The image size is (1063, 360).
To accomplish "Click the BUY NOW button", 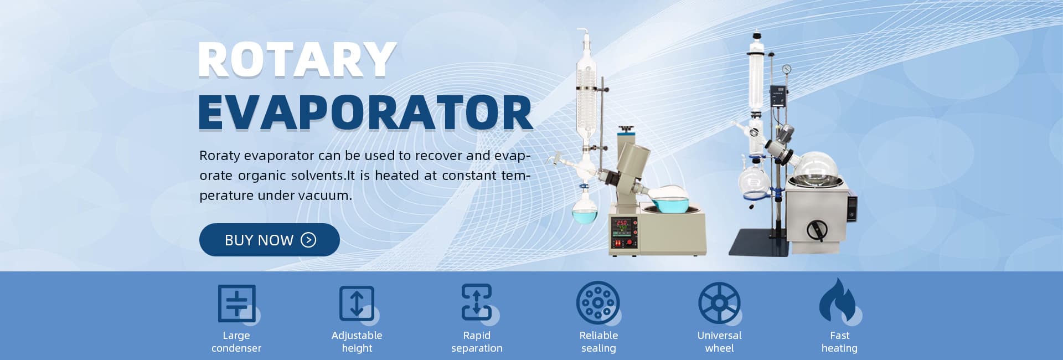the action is point(269,240).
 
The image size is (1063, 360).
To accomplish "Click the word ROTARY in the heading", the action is point(297,60).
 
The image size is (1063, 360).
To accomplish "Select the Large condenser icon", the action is point(238,304).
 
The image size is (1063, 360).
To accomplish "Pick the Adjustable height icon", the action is point(358,304).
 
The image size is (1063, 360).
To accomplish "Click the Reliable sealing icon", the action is point(598,303).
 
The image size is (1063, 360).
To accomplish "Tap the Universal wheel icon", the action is point(719,303).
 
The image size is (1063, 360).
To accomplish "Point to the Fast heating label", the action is point(839,342).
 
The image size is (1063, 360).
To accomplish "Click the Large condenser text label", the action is point(236,342).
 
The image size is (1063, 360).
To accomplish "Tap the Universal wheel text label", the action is point(719,342).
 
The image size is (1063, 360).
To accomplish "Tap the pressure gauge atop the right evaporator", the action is point(787,70).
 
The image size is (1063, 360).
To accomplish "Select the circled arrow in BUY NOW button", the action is point(308,240).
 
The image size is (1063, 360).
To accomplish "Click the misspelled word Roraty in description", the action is point(219,156).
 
